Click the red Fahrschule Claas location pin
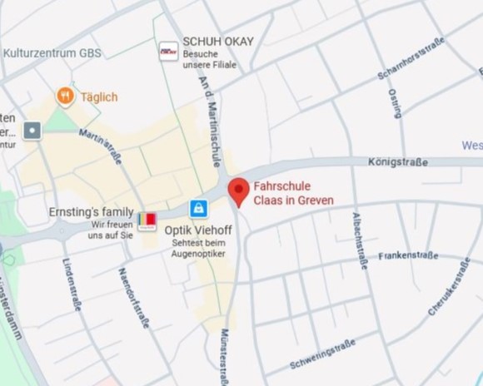239,191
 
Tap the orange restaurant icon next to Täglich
65,96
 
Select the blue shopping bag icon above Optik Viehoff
198,208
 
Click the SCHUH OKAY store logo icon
168,51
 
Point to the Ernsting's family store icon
147,220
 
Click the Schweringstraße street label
322,354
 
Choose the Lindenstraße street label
72,285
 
